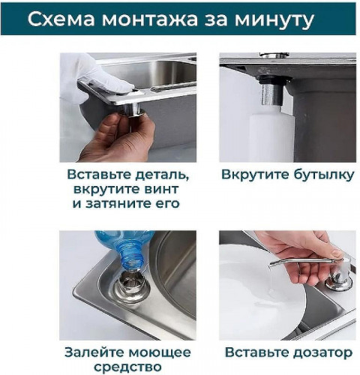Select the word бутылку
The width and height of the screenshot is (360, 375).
click(322, 175)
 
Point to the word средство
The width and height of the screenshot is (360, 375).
click(127, 366)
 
